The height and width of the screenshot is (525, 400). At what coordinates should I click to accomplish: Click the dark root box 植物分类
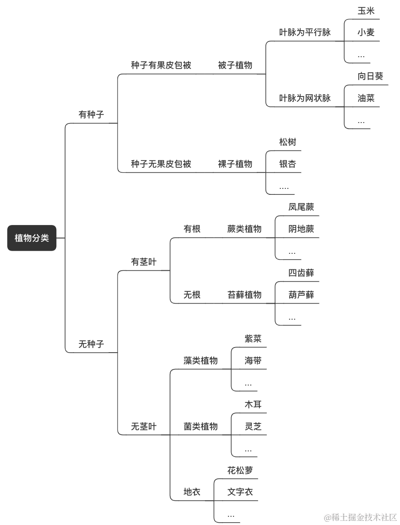[32, 238]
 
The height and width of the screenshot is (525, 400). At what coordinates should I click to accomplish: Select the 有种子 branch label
[91, 115]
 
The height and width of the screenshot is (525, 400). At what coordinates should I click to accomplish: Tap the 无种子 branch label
[91, 344]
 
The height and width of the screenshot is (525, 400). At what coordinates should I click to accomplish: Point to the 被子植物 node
[235, 65]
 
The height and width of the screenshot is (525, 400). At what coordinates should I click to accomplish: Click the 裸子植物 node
[235, 164]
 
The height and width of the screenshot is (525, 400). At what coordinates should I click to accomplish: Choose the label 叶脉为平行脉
[305, 32]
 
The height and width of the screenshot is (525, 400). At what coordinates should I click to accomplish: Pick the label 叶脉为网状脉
[305, 98]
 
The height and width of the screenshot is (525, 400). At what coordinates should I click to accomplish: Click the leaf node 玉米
[366, 11]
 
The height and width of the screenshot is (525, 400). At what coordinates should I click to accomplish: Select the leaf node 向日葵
[370, 76]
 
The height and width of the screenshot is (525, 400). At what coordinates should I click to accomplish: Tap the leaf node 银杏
[287, 164]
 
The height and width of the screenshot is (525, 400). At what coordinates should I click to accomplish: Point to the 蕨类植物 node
[244, 229]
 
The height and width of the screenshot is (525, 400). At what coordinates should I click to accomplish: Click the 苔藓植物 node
[244, 295]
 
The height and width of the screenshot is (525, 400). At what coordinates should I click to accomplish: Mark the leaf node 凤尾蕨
[301, 207]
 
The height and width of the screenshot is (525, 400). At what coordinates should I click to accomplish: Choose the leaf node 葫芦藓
[301, 295]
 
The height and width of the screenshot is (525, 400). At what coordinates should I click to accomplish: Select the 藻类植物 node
[200, 361]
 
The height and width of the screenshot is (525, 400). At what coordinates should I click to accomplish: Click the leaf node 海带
[253, 361]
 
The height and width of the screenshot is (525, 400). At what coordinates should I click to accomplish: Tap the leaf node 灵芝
[253, 427]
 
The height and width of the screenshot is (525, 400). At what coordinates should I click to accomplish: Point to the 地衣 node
[192, 493]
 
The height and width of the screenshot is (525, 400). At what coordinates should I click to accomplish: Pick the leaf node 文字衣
[240, 493]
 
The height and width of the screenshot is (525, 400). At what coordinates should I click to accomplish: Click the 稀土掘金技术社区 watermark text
[360, 517]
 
